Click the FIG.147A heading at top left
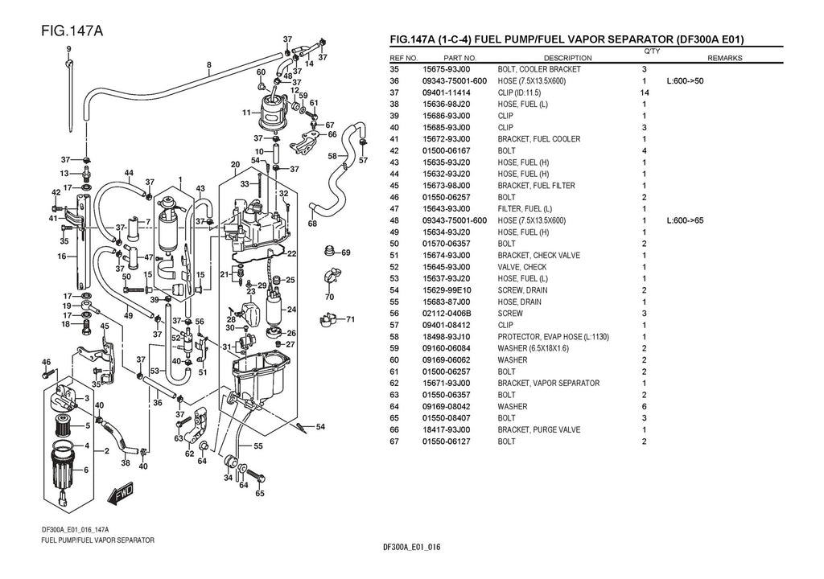(x=71, y=31)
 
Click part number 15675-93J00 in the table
(x=447, y=69)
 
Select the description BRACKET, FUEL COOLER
(x=538, y=139)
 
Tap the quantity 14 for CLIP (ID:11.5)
(x=644, y=92)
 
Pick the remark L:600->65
(x=686, y=220)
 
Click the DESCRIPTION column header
(x=567, y=58)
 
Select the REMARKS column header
(x=724, y=58)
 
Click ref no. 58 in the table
(x=394, y=337)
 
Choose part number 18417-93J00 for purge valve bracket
(x=447, y=430)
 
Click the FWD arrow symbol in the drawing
(x=122, y=491)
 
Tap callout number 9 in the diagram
(x=70, y=49)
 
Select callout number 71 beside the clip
(x=350, y=319)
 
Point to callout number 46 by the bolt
(x=46, y=362)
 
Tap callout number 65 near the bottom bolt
(x=259, y=493)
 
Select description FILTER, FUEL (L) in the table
(x=524, y=209)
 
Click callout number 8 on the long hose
(x=209, y=64)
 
